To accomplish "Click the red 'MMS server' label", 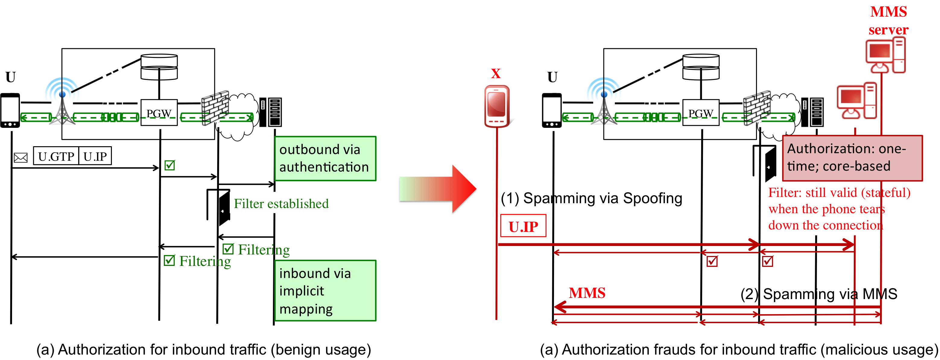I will [888, 21].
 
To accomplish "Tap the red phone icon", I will [497, 106].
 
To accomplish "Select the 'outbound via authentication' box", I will [325, 158].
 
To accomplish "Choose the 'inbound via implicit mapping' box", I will [325, 290].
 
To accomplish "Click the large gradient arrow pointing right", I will [438, 188].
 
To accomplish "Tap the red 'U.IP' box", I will [523, 226].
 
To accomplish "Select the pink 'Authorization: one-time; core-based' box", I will [852, 158].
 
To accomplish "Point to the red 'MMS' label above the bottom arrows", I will [587, 293].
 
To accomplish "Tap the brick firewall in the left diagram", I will [214, 111].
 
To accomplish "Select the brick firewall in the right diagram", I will [756, 111].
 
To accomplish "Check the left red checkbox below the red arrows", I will [712, 261].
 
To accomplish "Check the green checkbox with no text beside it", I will [169, 165].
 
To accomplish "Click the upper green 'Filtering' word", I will [264, 249].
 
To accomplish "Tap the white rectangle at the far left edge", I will [10, 109].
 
